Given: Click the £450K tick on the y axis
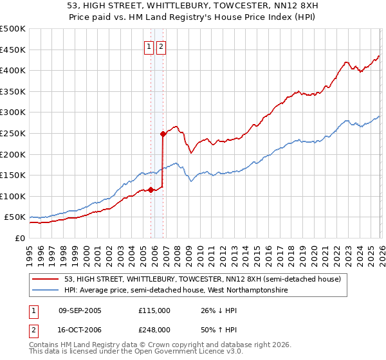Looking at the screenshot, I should [13, 50].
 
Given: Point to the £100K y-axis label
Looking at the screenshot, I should [13, 196].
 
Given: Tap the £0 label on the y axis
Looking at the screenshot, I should [19, 238].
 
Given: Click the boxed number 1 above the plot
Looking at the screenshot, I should [149, 46].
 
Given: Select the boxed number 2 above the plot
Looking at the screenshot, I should [160, 46].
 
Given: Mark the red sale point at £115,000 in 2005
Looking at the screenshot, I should [151, 190].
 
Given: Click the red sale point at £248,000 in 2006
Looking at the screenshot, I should [163, 134].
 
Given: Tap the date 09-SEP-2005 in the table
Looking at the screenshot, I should [80, 310].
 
